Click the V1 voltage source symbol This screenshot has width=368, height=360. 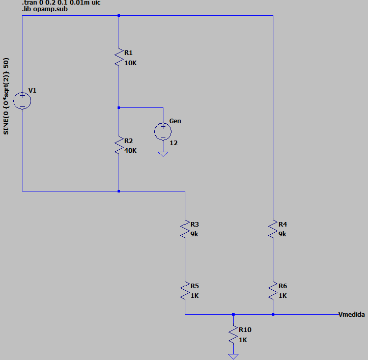click(x=22, y=101)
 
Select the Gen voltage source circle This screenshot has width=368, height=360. click(x=163, y=131)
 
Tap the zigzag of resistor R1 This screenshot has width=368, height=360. click(x=119, y=58)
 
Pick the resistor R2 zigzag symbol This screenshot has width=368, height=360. click(x=119, y=145)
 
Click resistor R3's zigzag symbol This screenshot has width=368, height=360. click(x=185, y=229)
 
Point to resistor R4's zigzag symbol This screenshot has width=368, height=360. click(x=273, y=229)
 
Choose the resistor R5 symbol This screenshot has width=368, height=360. click(x=185, y=290)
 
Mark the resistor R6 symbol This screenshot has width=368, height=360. click(x=273, y=290)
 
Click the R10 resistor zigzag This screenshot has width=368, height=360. click(x=233, y=335)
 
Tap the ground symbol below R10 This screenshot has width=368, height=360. click(x=233, y=356)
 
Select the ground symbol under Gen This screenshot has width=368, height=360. click(x=163, y=154)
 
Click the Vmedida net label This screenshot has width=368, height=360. click(x=352, y=315)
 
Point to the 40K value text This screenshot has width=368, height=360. click(x=130, y=151)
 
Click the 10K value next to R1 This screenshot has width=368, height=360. click(x=130, y=63)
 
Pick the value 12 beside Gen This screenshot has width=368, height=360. click(x=174, y=143)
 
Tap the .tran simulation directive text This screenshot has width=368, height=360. click(x=61, y=3)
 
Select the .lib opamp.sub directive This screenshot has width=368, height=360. click(x=45, y=9)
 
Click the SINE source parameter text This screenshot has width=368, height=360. click(x=6, y=96)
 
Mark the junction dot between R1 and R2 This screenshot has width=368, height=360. click(x=119, y=108)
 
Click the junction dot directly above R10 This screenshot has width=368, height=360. click(x=233, y=315)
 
